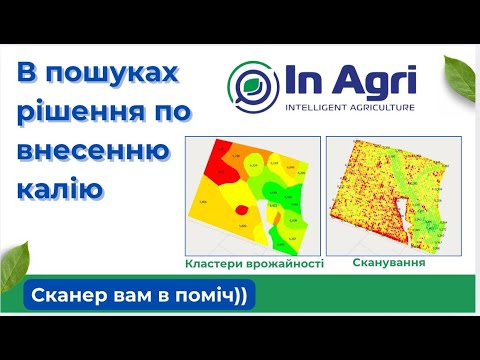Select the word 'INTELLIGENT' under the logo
tap(319, 106)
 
